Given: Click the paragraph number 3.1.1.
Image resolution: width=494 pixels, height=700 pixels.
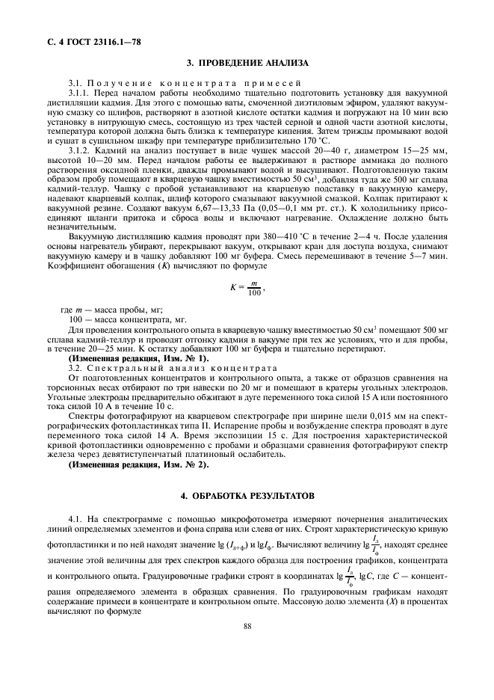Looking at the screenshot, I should click(78, 93).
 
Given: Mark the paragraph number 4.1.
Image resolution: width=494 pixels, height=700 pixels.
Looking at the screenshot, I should click(74, 518).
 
